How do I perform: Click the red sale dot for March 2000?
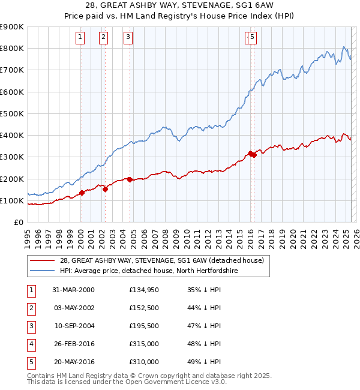pyautogui.click(x=82, y=193)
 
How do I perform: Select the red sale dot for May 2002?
pyautogui.click(x=105, y=189)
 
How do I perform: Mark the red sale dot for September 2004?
pyautogui.click(x=130, y=179)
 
